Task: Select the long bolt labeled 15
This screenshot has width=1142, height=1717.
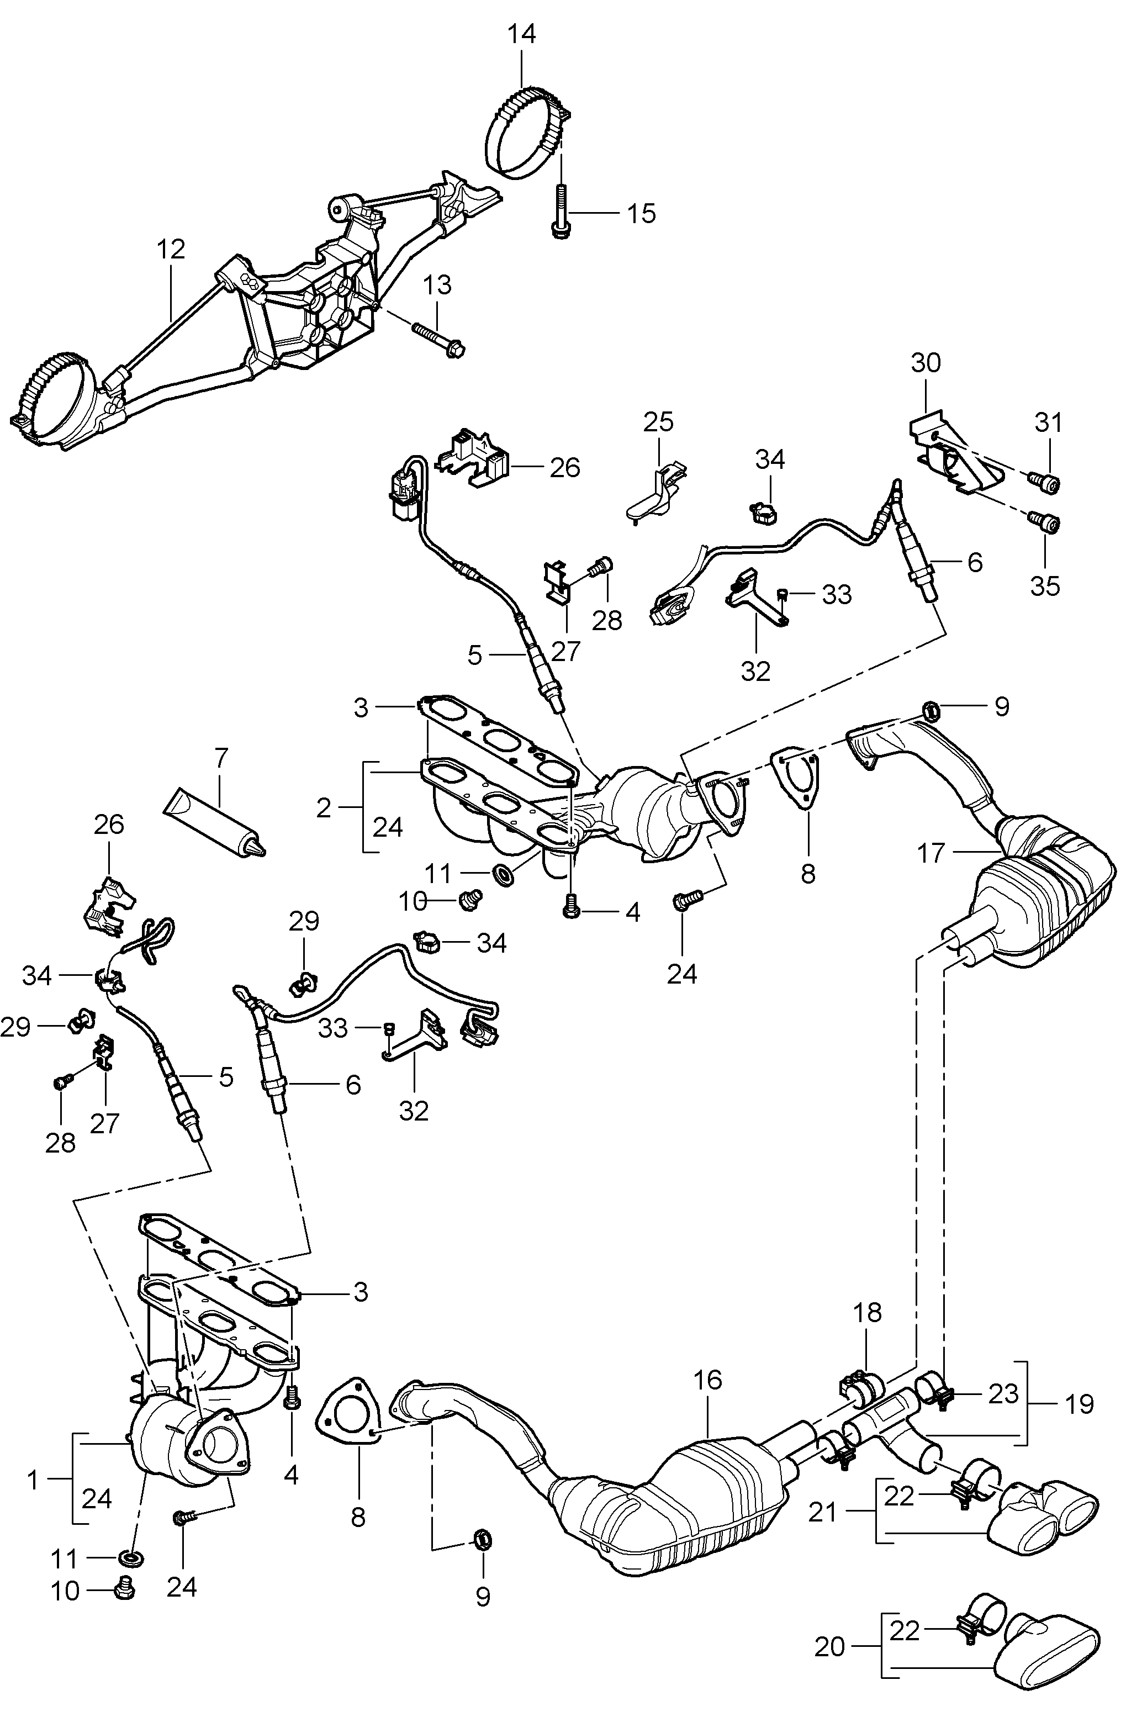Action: click(x=561, y=211)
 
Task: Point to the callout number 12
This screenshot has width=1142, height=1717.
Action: click(x=171, y=250)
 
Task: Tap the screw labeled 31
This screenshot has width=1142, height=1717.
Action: click(x=1045, y=482)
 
